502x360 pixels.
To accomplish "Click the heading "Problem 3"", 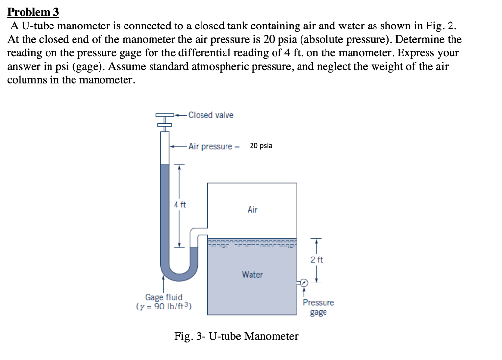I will point(33,11).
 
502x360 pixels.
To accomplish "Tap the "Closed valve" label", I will point(211,115).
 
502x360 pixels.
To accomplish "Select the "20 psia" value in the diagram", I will point(261,146).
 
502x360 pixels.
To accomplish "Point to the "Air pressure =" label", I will point(214,146).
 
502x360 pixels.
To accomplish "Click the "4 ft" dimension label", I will point(180,205).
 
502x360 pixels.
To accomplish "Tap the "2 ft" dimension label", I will point(317,259).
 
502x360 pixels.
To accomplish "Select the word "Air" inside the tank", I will point(252,210).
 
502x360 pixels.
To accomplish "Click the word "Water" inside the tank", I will point(252,275).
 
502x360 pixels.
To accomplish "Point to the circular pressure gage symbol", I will point(304,283).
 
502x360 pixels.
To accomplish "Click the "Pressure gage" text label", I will point(318,308).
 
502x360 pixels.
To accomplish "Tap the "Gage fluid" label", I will point(164,297).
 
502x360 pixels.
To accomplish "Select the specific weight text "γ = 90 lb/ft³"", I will point(164,307).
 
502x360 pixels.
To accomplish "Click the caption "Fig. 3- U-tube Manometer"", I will point(236,336).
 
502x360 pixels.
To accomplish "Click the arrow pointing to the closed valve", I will point(180,115).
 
